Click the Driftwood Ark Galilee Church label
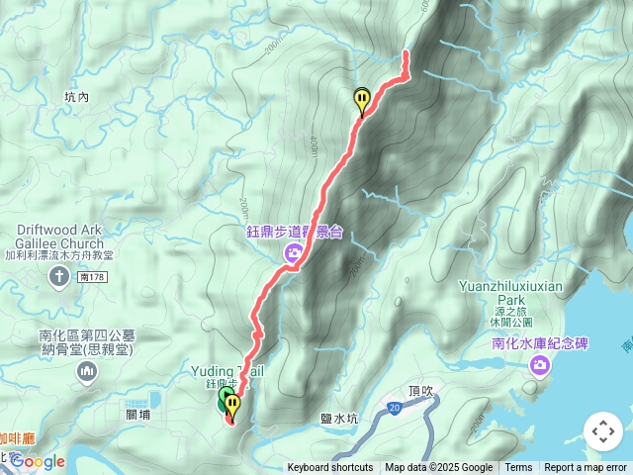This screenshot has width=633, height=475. (x=59, y=237)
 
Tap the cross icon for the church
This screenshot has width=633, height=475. (x=59, y=275)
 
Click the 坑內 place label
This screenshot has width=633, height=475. (x=76, y=97)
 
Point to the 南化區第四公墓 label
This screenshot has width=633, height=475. (x=95, y=334)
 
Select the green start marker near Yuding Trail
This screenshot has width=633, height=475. (x=224, y=400)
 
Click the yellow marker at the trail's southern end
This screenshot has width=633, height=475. (x=232, y=405)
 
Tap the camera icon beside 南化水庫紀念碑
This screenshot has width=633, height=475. (x=540, y=367)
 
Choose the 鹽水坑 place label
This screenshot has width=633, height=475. (x=339, y=420)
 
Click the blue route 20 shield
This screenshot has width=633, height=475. (x=395, y=407)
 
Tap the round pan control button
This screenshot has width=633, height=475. (x=602, y=431)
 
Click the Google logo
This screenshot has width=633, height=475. (x=38, y=461)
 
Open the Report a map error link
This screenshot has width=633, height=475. (x=586, y=468)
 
